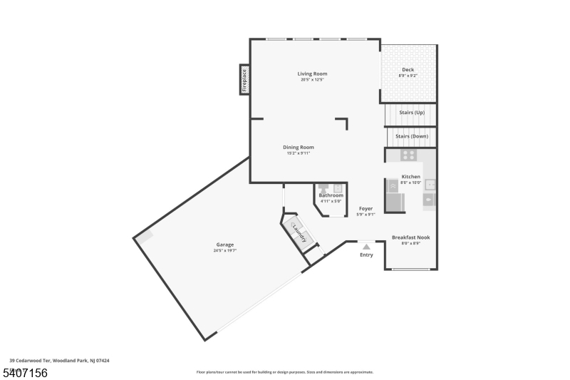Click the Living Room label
point(312,73)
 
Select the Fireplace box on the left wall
point(244,79)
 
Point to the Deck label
point(408,69)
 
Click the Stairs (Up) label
point(411,113)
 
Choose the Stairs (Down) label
point(411,135)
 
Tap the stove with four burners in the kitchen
point(408,155)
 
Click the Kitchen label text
point(411,176)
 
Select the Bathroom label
point(331,195)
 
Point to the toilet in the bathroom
point(323,189)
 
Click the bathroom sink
point(338,189)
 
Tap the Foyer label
point(366,208)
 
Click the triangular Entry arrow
point(366,247)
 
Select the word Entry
point(366,255)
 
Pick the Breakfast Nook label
point(410,237)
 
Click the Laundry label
point(299,232)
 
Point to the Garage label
point(225,245)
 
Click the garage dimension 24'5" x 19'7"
point(225,250)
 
